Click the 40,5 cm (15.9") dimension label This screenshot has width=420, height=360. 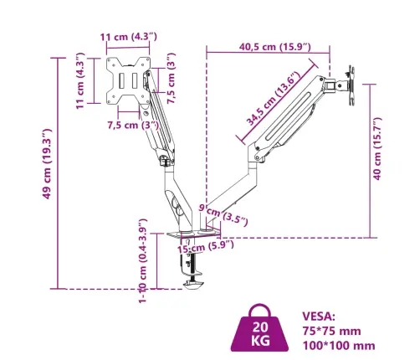tap(274, 47)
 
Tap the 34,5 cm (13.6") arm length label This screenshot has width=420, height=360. tap(274, 98)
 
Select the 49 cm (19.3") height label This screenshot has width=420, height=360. tap(47, 164)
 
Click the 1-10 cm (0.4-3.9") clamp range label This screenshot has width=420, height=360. tap(143, 260)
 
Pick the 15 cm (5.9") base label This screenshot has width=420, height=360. tap(206, 247)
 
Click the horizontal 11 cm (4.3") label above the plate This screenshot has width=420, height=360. tap(129, 37)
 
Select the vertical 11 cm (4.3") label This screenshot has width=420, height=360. tap(80, 80)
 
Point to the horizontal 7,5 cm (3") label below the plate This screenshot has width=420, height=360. tap(133, 125)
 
